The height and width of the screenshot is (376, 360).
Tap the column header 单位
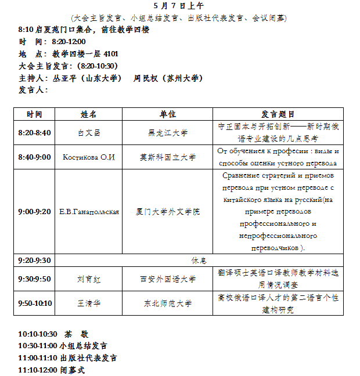pyautogui.click(x=168, y=114)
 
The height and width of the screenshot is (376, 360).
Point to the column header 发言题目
pyautogui.click(x=278, y=114)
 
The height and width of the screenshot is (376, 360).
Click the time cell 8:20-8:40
pyautogui.click(x=35, y=133)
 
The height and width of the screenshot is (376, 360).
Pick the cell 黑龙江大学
pyautogui.click(x=168, y=133)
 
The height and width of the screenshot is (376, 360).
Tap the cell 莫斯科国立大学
pyautogui.click(x=168, y=157)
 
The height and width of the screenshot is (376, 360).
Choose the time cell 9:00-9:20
pyautogui.click(x=35, y=212)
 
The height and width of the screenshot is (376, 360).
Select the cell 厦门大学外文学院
pyautogui.click(x=168, y=212)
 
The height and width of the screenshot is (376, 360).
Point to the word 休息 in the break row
pyautogui.click(x=199, y=260)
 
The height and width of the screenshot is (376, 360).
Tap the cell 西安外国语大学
pyautogui.click(x=168, y=279)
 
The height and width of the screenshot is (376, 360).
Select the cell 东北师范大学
pyautogui.click(x=168, y=303)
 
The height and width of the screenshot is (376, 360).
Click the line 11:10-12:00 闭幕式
pyautogui.click(x=52, y=369)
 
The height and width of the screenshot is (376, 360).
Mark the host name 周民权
pyautogui.click(x=146, y=78)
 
